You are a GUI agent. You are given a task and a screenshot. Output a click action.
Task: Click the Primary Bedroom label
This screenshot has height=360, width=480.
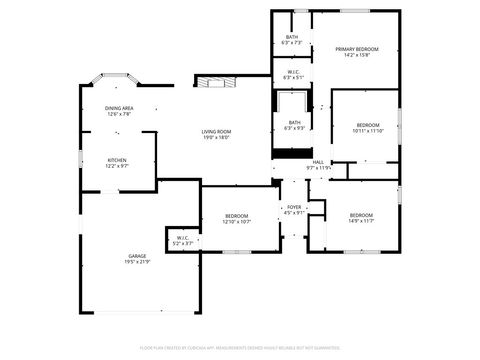[x=357, y=49]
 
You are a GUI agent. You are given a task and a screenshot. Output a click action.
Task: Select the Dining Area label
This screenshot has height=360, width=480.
[x=119, y=108]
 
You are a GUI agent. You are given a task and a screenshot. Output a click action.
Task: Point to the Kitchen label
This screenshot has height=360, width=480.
[x=118, y=160]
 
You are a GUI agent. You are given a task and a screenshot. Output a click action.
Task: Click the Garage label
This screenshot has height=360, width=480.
[x=137, y=256]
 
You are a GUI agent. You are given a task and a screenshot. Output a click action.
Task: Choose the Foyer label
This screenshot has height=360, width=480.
[x=294, y=207]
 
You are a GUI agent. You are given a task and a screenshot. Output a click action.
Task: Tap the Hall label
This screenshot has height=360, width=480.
[x=318, y=162]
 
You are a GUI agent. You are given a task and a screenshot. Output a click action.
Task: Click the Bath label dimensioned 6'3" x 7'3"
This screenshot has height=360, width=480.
[x=292, y=37]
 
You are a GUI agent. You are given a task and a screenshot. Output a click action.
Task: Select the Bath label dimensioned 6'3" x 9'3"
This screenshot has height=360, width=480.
[x=293, y=122]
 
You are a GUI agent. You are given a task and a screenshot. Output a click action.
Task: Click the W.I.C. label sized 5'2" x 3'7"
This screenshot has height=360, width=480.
[x=183, y=238]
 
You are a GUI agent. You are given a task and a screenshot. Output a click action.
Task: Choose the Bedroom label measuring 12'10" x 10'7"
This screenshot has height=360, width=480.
[x=236, y=216]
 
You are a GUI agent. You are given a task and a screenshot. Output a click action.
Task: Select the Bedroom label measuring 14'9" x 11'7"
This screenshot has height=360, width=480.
[x=361, y=216]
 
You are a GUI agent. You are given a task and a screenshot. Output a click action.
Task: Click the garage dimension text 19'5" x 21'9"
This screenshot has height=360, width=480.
[x=137, y=262]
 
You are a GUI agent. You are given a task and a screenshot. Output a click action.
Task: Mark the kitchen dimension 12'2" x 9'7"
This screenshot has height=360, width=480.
[x=118, y=166]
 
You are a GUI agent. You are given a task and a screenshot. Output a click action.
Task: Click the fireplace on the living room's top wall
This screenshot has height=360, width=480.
[x=210, y=82]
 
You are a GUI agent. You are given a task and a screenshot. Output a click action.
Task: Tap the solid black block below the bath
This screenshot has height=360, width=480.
[x=292, y=152]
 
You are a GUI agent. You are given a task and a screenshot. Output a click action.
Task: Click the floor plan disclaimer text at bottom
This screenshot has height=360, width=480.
[x=239, y=347]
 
